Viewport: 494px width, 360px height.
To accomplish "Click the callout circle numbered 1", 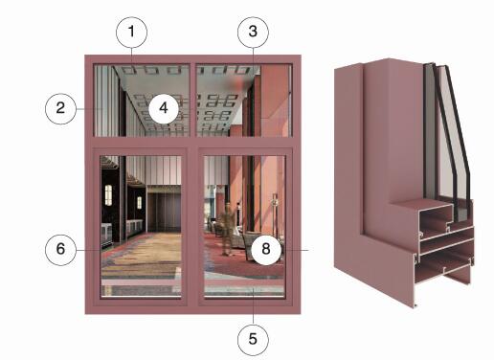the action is pyautogui.click(x=131, y=33).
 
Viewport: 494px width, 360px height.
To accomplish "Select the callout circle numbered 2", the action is pyautogui.click(x=60, y=108).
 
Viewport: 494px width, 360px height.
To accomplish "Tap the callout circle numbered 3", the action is pyautogui.click(x=253, y=33).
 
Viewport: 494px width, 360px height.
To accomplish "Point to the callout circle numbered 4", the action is pyautogui.click(x=164, y=108).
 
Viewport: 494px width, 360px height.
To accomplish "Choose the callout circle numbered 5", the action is pyautogui.click(x=253, y=340).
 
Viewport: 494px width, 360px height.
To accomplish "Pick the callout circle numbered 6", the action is pyautogui.click(x=60, y=250).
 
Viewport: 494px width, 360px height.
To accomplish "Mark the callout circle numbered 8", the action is pyautogui.click(x=266, y=249).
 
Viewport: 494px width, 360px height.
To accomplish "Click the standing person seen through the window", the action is pyautogui.click(x=227, y=229).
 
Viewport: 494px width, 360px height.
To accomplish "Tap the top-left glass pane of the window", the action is pyautogui.click(x=142, y=101).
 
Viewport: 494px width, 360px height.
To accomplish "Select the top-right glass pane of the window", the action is pyautogui.click(x=244, y=101).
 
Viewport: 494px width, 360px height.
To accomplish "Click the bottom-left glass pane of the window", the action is pyautogui.click(x=141, y=227).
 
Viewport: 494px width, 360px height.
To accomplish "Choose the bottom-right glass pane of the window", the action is pyautogui.click(x=244, y=227).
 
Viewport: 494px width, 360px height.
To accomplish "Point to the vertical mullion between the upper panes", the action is pyautogui.click(x=193, y=101).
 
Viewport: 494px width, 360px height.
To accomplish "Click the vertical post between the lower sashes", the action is pyautogui.click(x=192, y=227).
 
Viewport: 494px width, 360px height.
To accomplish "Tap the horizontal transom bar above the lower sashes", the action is pyautogui.click(x=193, y=142).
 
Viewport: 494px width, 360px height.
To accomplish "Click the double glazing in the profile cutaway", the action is pyautogui.click(x=447, y=141).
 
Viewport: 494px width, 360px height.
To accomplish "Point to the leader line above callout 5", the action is pyautogui.click(x=254, y=305).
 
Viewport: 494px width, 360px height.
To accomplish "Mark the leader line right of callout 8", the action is pyautogui.click(x=295, y=250).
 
